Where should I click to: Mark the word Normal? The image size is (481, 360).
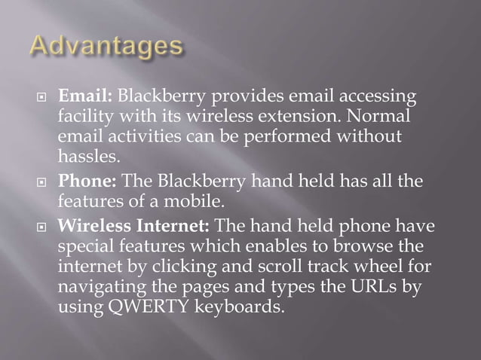[374, 118]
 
